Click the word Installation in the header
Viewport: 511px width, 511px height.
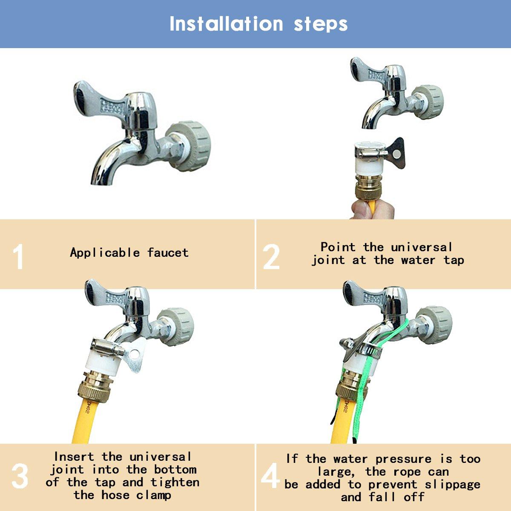[226, 24]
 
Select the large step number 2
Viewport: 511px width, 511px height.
[271, 256]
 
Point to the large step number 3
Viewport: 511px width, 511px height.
[20, 476]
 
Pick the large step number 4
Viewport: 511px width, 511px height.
[270, 475]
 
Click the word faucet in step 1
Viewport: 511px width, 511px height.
[168, 253]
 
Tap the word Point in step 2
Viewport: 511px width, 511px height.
[338, 247]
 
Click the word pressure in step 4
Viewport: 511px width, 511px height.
[403, 459]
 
